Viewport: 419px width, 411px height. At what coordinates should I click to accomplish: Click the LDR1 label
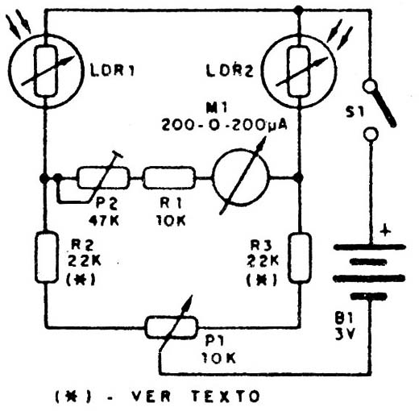tap(112, 71)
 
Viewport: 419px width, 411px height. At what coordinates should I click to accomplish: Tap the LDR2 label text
tap(230, 71)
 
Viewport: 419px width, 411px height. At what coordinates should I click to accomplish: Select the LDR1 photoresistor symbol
tap(46, 71)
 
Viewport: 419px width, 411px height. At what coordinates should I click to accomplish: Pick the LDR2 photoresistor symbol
tap(299, 71)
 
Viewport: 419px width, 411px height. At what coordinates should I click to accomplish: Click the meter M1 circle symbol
tap(241, 177)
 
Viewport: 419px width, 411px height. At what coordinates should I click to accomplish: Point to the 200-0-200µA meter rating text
tap(224, 125)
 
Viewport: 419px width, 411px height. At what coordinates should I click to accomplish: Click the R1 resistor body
tap(169, 177)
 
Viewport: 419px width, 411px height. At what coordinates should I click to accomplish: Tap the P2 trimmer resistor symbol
tap(104, 177)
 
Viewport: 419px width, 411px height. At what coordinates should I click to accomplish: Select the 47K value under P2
tap(104, 221)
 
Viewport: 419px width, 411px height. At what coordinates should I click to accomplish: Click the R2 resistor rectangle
tap(47, 258)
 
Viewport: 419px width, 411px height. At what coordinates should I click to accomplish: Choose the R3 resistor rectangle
tap(300, 258)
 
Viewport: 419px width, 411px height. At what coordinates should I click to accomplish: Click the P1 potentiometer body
tap(172, 327)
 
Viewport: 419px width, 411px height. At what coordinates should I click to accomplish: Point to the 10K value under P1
tap(219, 358)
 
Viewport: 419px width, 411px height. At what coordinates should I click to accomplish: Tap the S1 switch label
tap(355, 112)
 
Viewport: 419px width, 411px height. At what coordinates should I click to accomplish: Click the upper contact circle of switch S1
tap(370, 86)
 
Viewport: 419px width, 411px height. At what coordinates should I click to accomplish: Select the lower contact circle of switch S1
tap(371, 134)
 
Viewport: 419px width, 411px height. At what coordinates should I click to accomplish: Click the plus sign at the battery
tap(385, 230)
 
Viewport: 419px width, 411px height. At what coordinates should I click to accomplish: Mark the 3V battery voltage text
tap(346, 334)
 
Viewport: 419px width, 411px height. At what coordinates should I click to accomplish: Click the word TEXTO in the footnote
tap(226, 396)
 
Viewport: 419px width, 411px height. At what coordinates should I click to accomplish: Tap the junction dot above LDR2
tap(298, 10)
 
